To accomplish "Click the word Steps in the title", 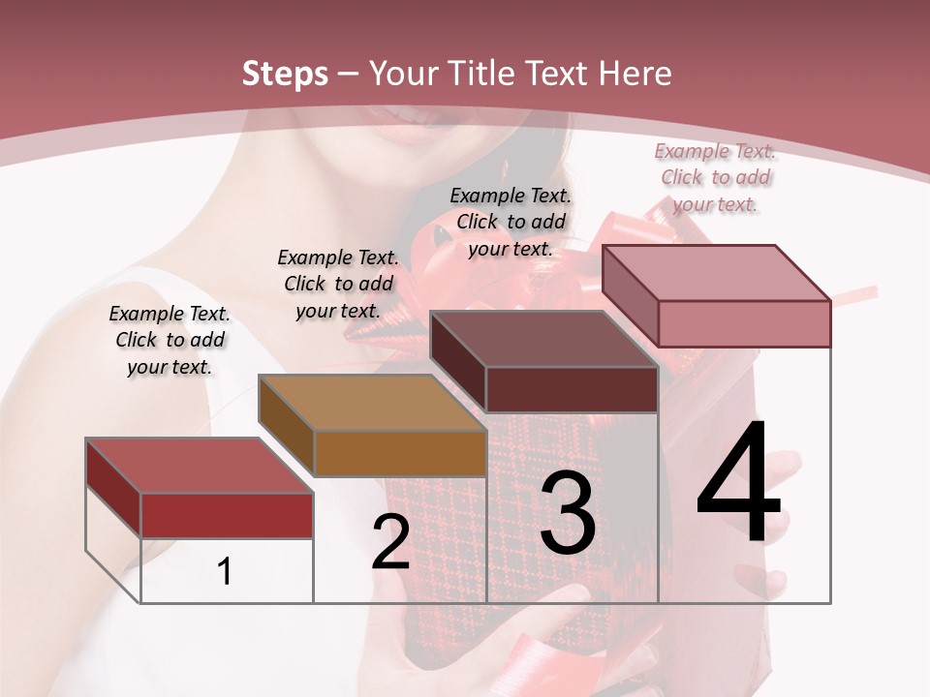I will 285,74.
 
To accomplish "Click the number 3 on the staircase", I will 568,514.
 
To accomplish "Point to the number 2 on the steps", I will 390,542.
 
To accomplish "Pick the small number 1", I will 225,571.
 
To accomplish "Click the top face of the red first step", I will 199,466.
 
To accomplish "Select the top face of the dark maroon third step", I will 543,339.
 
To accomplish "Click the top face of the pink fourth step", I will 716,273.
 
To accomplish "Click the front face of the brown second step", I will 400,453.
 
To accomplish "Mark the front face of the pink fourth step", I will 744,323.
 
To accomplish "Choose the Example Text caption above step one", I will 170,340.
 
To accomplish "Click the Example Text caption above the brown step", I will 338,284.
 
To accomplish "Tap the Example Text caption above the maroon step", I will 511,222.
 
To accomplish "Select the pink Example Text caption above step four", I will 715,177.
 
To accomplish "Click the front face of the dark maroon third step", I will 572,389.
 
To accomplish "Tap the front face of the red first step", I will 227,515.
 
